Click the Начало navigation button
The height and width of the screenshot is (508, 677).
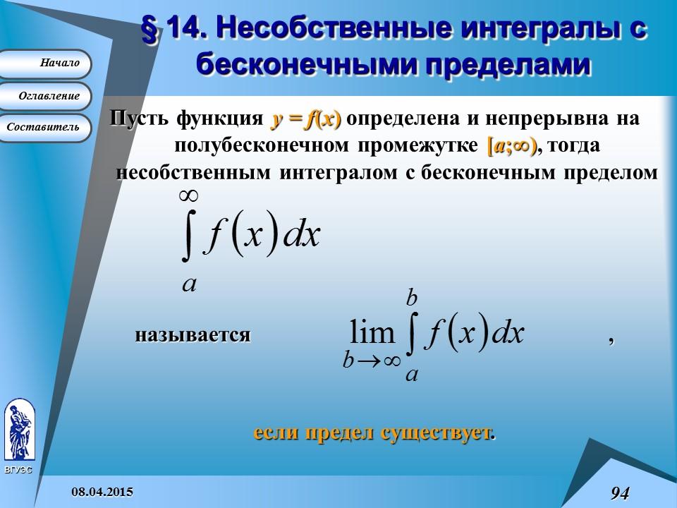(47, 64)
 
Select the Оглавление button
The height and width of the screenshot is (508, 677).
(47, 96)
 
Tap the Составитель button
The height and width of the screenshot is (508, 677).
(47, 128)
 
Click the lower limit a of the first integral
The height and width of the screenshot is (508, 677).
(189, 283)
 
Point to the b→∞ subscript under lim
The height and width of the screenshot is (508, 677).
(372, 361)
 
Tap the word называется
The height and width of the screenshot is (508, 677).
(193, 334)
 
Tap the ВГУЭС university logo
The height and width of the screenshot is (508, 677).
(19, 432)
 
